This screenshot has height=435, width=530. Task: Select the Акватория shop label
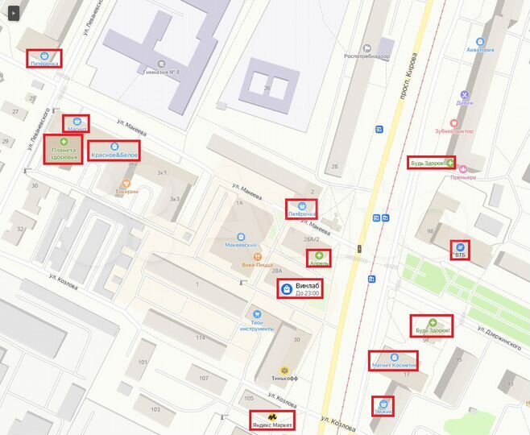coord(480,50)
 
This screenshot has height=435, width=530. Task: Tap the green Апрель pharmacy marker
coord(319,255)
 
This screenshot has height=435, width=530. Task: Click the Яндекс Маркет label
coord(272,423)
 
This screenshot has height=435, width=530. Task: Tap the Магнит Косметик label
coord(394,365)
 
